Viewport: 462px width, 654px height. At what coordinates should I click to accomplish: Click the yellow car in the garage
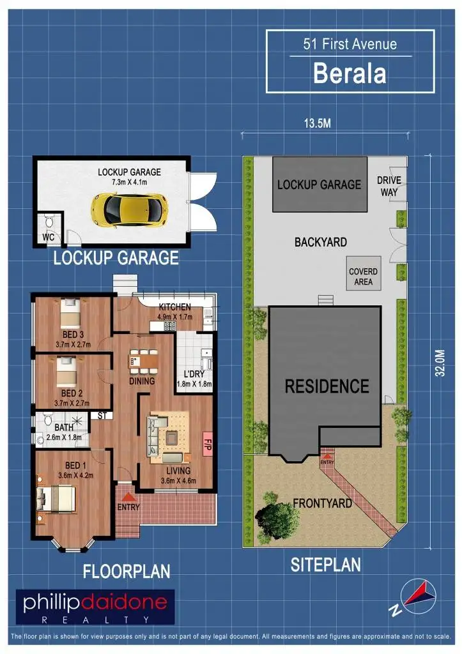coord(130,208)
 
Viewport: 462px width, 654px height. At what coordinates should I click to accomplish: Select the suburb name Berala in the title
coord(349,73)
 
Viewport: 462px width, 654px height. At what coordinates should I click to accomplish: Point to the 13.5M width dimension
coord(317,123)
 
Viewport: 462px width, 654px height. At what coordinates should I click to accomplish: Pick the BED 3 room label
coord(72,335)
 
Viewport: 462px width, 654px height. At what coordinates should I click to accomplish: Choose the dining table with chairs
coord(142,361)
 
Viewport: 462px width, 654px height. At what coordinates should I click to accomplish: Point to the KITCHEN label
coord(174,307)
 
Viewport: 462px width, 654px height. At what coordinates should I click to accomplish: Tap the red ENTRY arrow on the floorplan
coord(128,496)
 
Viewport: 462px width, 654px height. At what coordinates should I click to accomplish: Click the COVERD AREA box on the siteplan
coord(363,275)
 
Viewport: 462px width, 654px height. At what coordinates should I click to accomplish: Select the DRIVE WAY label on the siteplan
coord(388,186)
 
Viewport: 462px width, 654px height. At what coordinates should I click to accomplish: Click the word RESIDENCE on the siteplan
coord(327,386)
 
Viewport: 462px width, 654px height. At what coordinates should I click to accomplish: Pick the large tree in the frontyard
coord(274,515)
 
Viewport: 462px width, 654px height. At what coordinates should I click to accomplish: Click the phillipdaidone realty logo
coord(95,606)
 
